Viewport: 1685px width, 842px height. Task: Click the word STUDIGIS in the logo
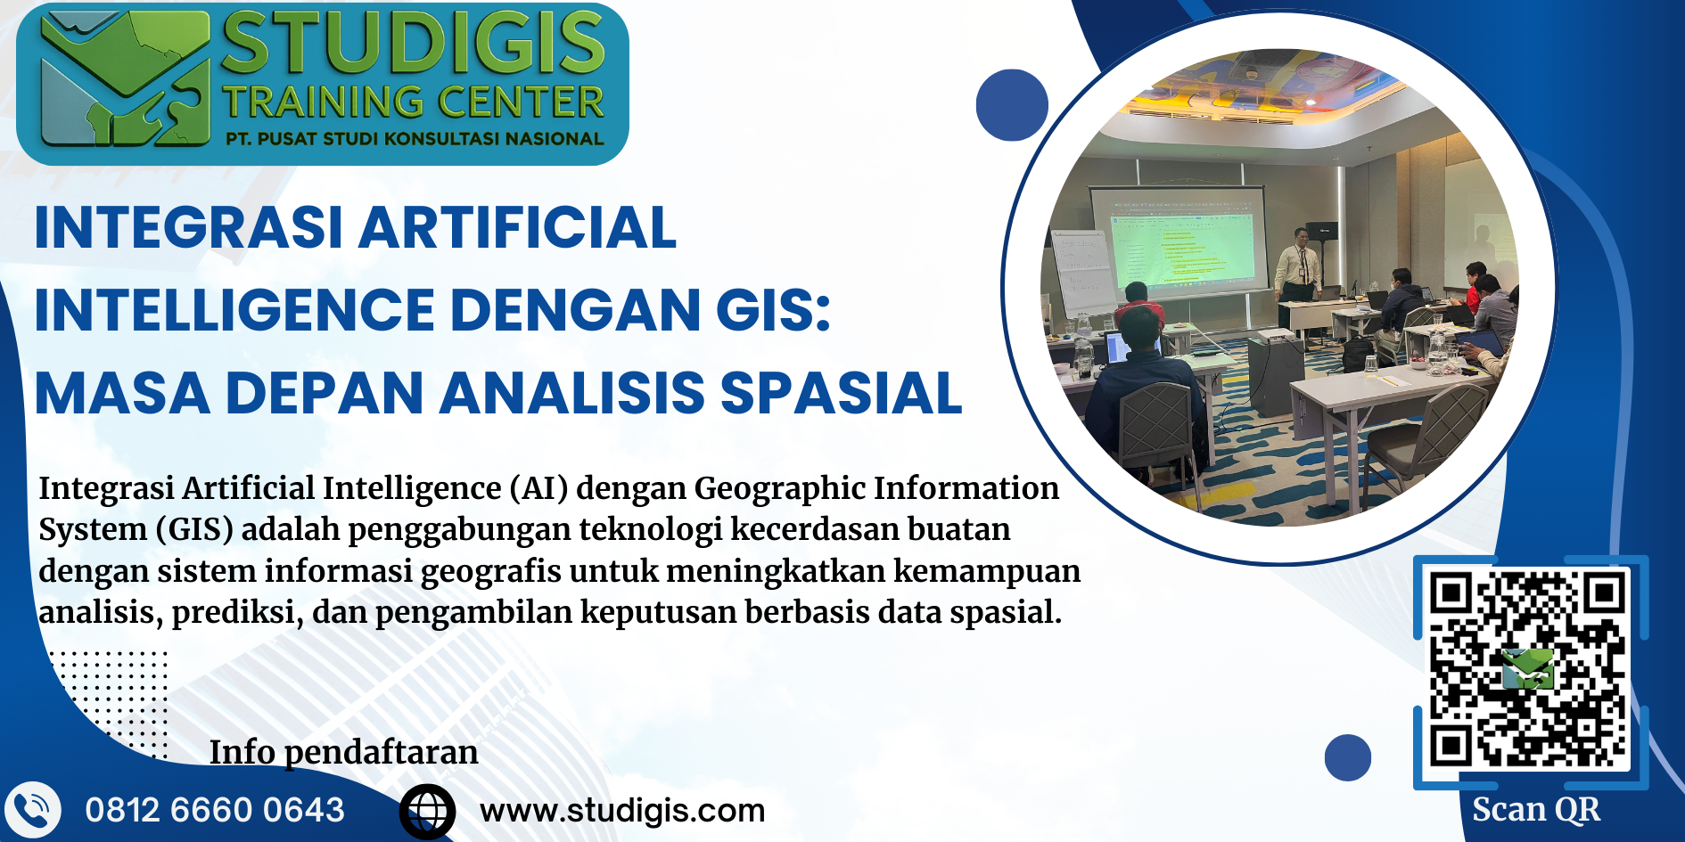414,43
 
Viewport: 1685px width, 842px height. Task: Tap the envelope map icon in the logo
125,80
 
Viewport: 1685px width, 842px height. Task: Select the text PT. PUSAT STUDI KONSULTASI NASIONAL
415,139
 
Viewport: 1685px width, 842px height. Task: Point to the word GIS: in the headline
774,310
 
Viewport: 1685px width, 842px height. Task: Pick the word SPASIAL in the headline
842,393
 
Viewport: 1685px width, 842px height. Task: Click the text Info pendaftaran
344,753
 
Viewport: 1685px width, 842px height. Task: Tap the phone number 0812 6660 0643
215,810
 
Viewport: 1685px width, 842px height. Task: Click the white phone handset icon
32,811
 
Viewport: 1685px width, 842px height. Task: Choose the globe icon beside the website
427,812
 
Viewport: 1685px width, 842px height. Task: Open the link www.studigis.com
622,811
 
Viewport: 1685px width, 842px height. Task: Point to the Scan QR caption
1536,810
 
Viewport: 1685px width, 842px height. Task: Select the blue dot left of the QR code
1348,757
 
